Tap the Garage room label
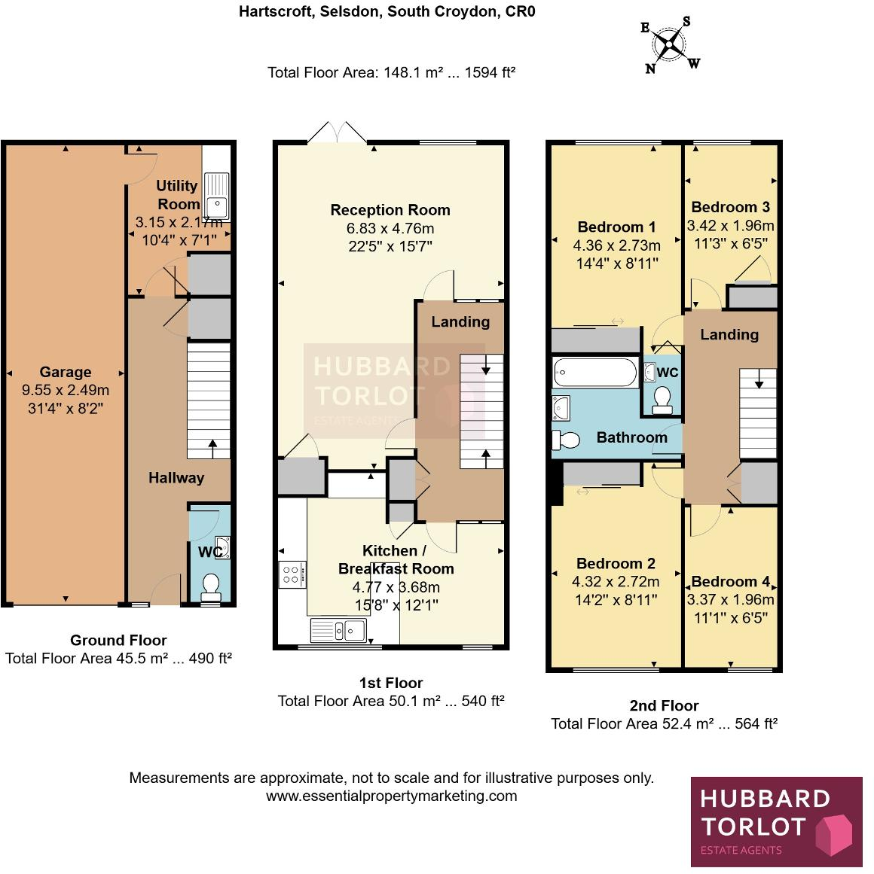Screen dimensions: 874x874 (x=66, y=372)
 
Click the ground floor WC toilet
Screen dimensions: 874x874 (x=211, y=584)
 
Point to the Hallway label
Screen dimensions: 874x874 (x=176, y=478)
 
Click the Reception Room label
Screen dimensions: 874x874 (x=390, y=210)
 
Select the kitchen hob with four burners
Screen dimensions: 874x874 (x=292, y=575)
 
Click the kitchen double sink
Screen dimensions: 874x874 (x=338, y=630)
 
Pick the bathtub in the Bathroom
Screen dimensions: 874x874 (x=595, y=373)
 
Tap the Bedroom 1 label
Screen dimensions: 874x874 (x=616, y=227)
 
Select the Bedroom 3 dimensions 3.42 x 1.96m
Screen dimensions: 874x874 (x=730, y=226)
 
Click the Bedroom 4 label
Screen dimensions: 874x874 (x=730, y=581)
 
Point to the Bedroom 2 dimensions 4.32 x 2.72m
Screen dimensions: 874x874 (x=616, y=582)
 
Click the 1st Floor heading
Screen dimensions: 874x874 (x=390, y=683)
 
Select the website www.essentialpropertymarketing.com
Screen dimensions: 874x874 (x=391, y=796)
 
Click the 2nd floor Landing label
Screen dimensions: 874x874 (x=729, y=335)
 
